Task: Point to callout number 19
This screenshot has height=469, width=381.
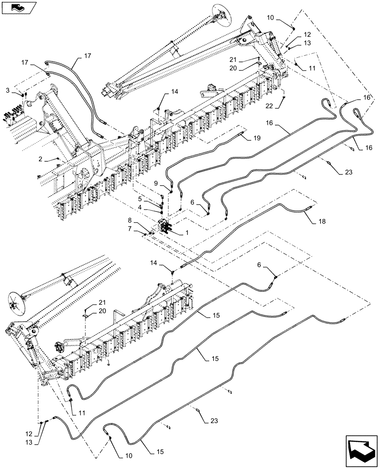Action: point(257,139)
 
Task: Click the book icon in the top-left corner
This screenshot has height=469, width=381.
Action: point(17,7)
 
